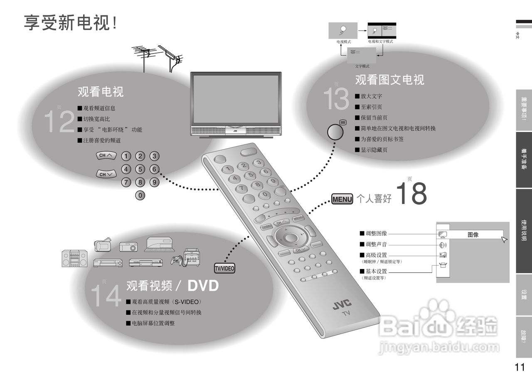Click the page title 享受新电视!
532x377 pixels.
[70, 23]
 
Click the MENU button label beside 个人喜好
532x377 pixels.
[342, 199]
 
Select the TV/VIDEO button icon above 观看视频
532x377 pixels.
[224, 269]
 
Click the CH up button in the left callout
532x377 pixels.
[106, 156]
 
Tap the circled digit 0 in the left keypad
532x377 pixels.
[140, 195]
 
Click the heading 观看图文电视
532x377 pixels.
[389, 80]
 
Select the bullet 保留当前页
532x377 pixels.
[374, 118]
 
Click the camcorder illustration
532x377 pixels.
[102, 245]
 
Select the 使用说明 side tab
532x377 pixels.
[524, 231]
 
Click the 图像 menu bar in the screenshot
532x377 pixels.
[473, 235]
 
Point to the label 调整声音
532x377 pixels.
[376, 245]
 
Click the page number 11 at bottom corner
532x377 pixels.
[520, 367]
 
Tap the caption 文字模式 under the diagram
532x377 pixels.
[362, 66]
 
